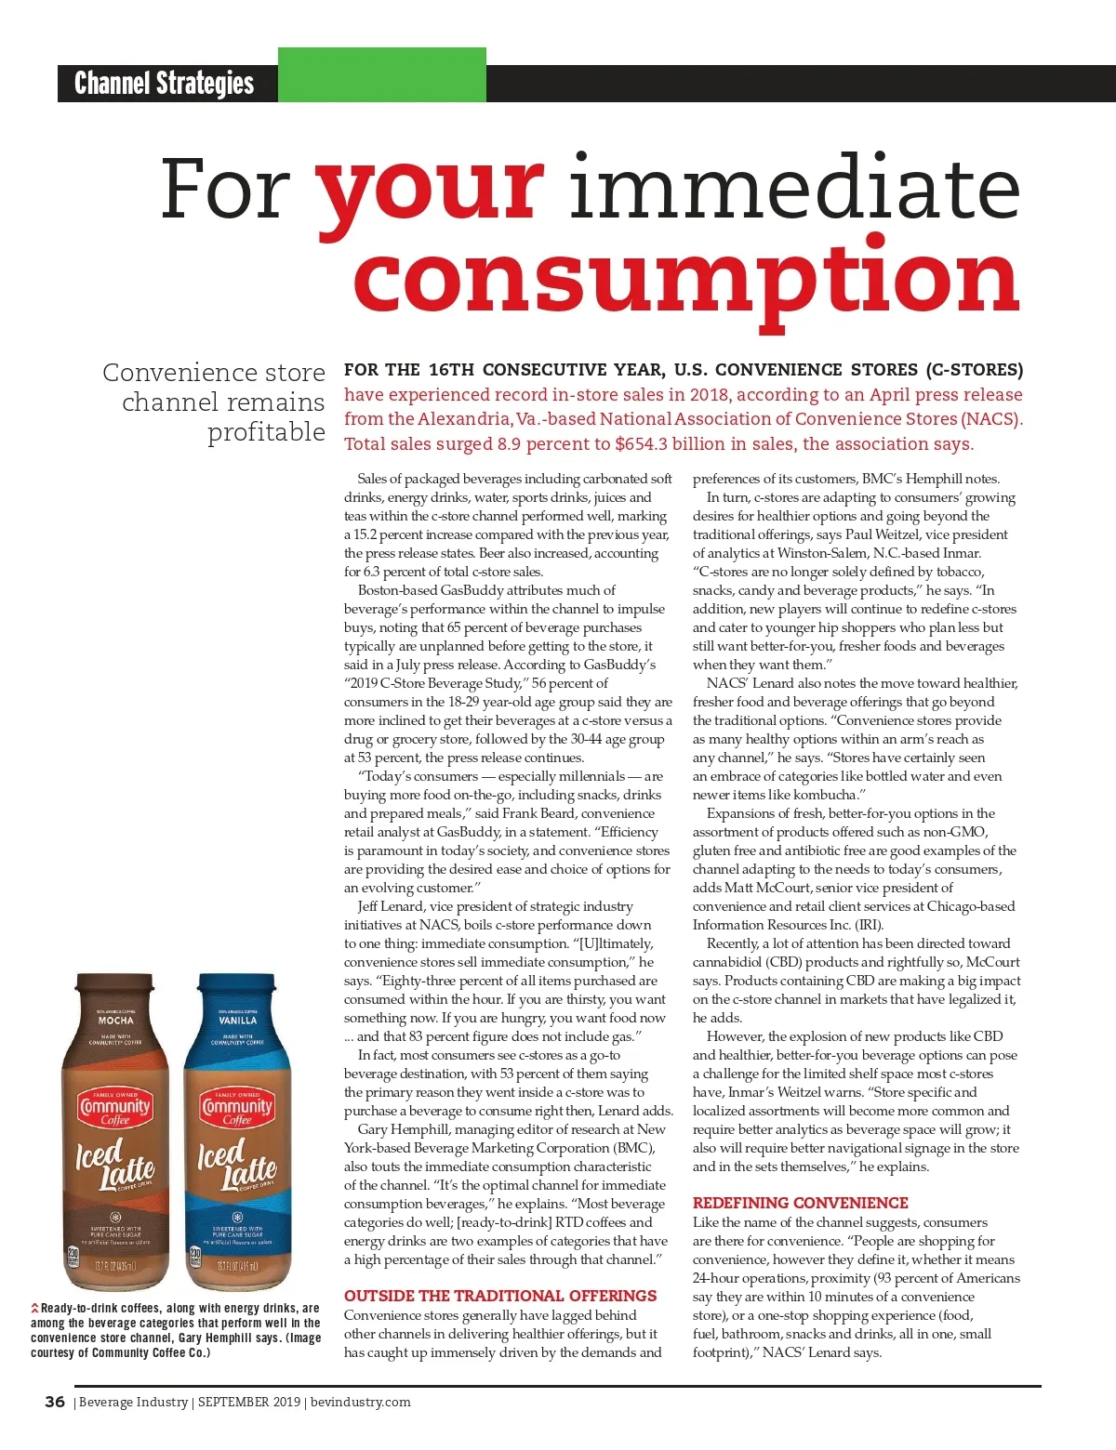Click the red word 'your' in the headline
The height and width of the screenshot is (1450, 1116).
(x=430, y=190)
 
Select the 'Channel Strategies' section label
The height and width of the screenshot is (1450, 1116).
(x=165, y=84)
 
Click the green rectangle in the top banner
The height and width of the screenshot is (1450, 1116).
(x=381, y=75)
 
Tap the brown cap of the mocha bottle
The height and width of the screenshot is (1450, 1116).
(x=114, y=986)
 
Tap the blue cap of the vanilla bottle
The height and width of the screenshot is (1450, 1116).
(x=237, y=986)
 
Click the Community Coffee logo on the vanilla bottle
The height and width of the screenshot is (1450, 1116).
(x=237, y=1109)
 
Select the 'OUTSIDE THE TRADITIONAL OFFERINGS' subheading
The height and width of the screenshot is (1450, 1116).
(x=500, y=1296)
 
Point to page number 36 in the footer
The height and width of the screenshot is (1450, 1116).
(x=55, y=1402)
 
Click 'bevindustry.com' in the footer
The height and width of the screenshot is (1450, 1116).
(x=360, y=1402)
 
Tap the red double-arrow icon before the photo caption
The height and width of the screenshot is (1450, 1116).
(x=35, y=1309)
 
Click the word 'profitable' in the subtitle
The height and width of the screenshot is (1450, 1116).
(x=266, y=432)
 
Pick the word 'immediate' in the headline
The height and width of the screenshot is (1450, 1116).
(x=795, y=190)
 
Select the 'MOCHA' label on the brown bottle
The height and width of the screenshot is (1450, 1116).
(x=115, y=1021)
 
